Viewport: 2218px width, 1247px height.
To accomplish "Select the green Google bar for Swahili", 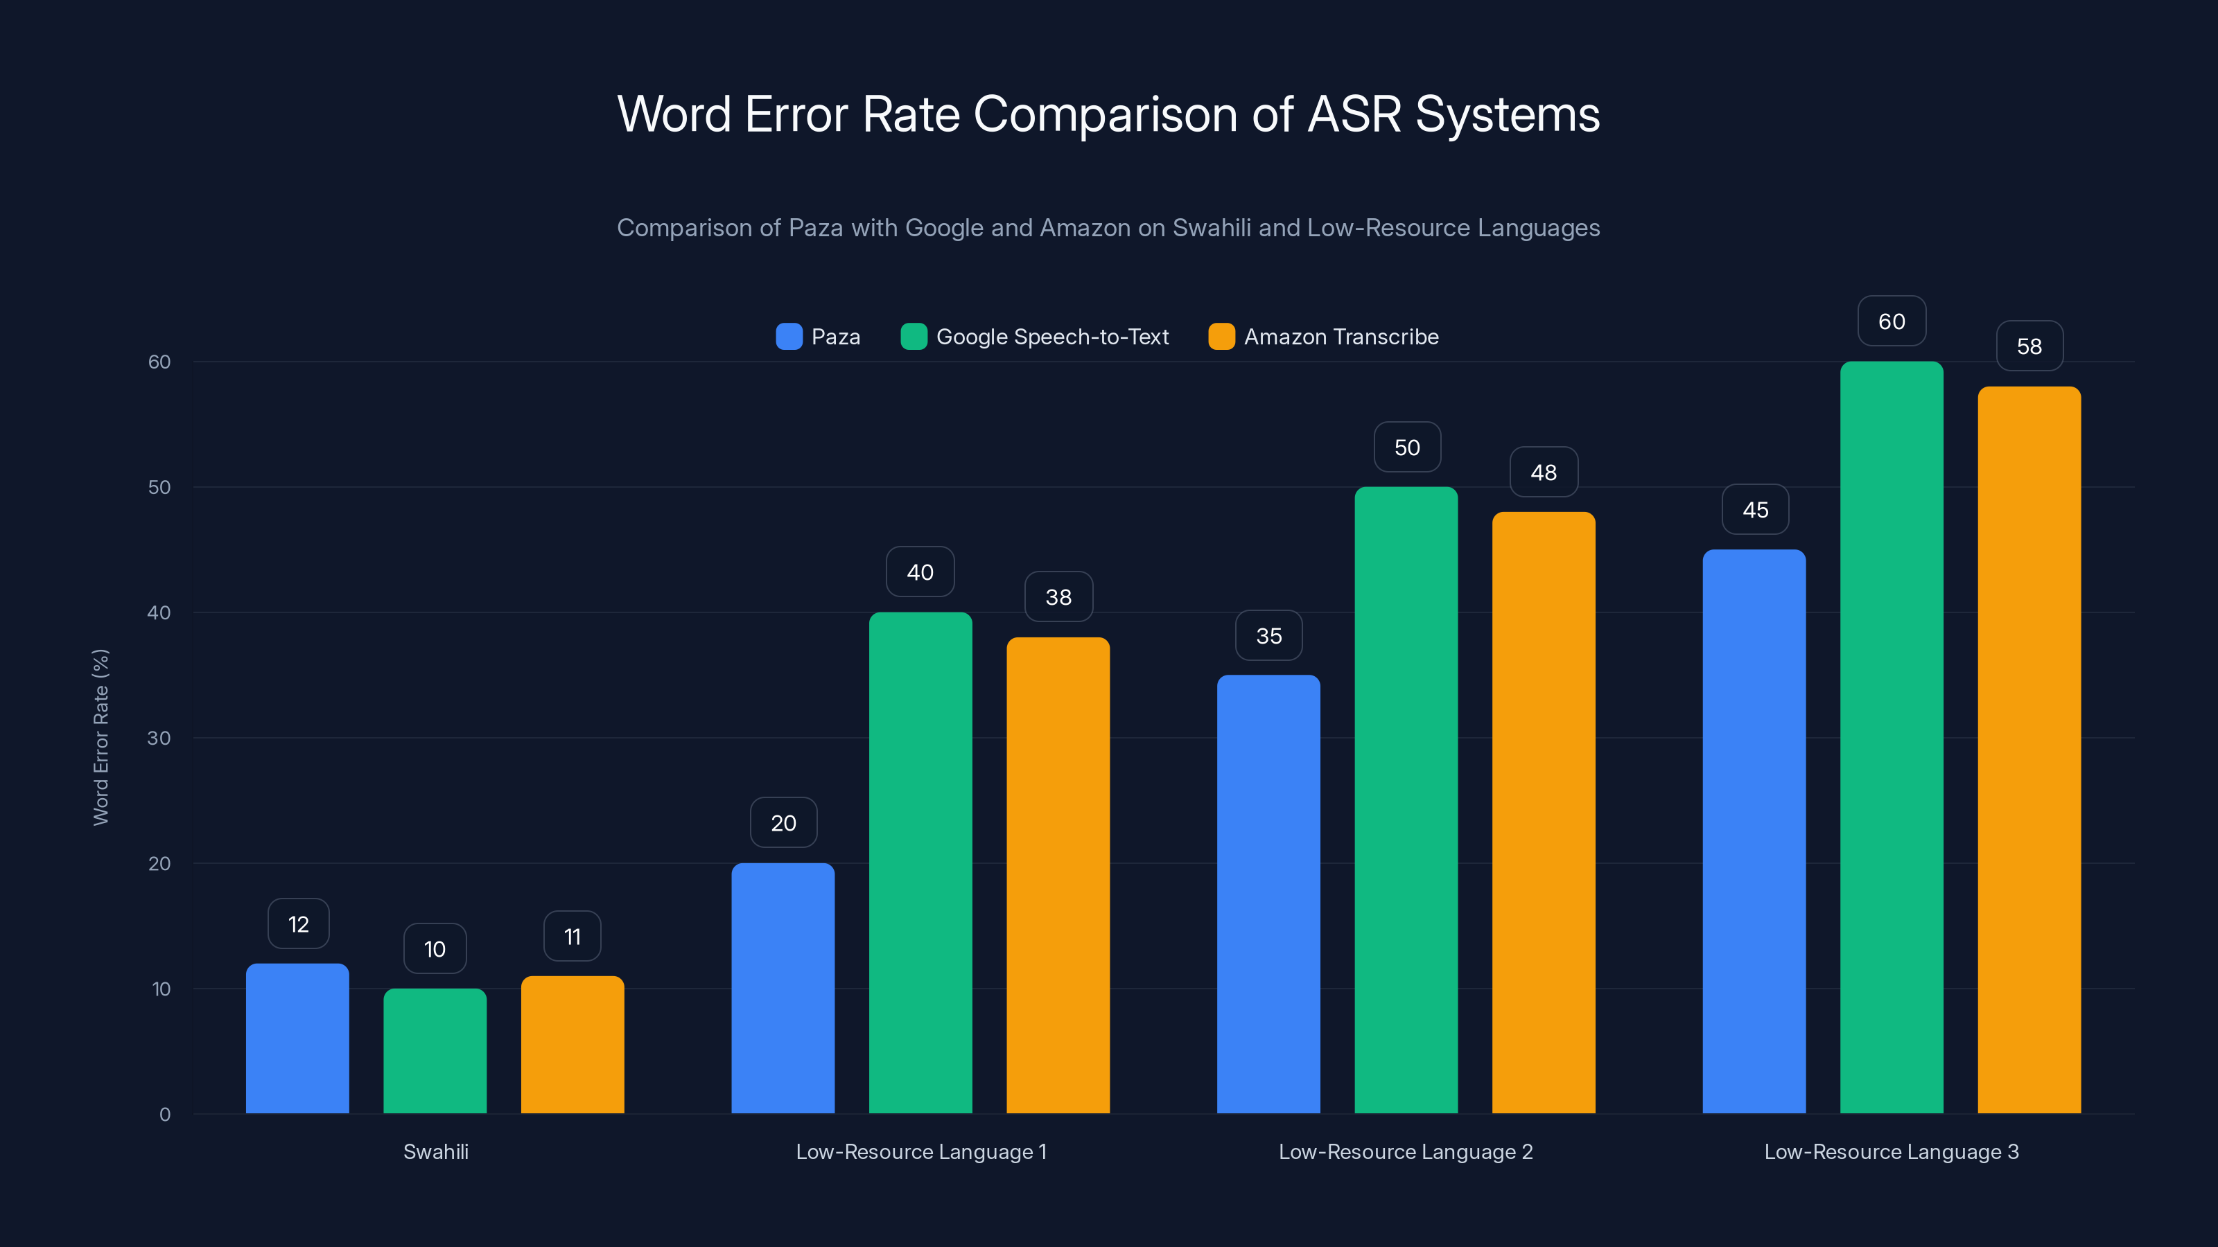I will click(x=435, y=1051).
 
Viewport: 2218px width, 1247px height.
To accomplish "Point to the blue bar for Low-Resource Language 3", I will click(x=1754, y=831).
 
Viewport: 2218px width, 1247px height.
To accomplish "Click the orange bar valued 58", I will click(x=2029, y=750).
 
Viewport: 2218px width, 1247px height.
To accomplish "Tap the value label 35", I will click(x=1268, y=636).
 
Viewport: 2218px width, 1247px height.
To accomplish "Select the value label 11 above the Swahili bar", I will click(x=572, y=937).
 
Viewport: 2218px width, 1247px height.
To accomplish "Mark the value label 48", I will click(x=1543, y=472).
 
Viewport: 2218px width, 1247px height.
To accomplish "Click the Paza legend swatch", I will click(x=789, y=337).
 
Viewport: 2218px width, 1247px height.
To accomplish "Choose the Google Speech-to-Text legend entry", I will click(x=1051, y=337).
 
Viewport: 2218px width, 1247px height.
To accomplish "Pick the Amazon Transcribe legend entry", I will click(x=1341, y=337).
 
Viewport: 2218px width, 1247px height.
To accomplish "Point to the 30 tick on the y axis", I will click(x=159, y=738).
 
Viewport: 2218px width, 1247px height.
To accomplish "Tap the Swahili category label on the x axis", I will click(x=436, y=1151).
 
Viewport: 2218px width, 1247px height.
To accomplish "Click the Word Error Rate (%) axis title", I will click(x=101, y=738).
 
